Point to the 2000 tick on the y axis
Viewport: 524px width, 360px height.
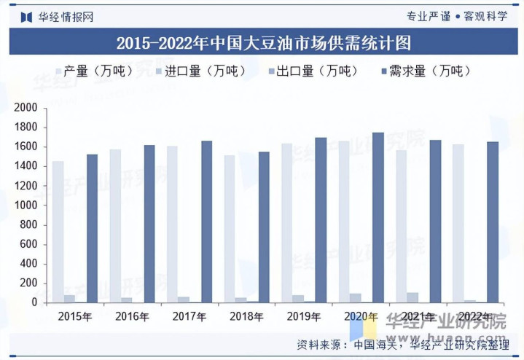pos(26,108)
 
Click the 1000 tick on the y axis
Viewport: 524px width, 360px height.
pos(26,206)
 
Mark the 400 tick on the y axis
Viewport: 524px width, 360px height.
pos(28,264)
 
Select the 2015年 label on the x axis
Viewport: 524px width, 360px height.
pos(74,316)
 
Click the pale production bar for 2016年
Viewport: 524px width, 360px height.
pos(115,226)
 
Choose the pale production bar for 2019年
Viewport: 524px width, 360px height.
pos(287,223)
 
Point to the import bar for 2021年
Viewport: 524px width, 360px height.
pos(412,297)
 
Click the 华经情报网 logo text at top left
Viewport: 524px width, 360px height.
pos(58,15)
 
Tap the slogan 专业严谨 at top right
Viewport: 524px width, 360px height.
pos(428,15)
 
